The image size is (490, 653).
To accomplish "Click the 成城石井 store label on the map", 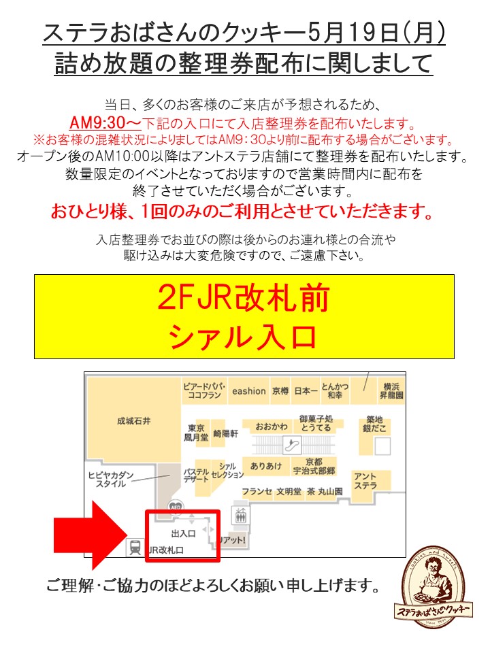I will point(134,422).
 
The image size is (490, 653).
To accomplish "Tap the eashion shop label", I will point(248,391).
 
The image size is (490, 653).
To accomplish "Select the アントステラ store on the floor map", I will point(365,481).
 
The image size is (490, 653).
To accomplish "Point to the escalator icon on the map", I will point(293,446).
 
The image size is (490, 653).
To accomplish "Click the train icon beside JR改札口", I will point(135,546).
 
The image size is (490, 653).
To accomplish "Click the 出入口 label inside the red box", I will point(183,533).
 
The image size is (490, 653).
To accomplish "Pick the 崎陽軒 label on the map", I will point(225,433).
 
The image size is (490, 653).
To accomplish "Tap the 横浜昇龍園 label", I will point(393,390).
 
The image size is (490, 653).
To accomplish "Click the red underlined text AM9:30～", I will point(105,123).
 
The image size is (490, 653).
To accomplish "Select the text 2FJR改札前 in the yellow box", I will point(244,298).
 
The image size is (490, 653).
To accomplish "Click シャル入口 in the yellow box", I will point(244,336).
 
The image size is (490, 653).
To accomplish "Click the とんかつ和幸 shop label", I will point(335,390).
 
